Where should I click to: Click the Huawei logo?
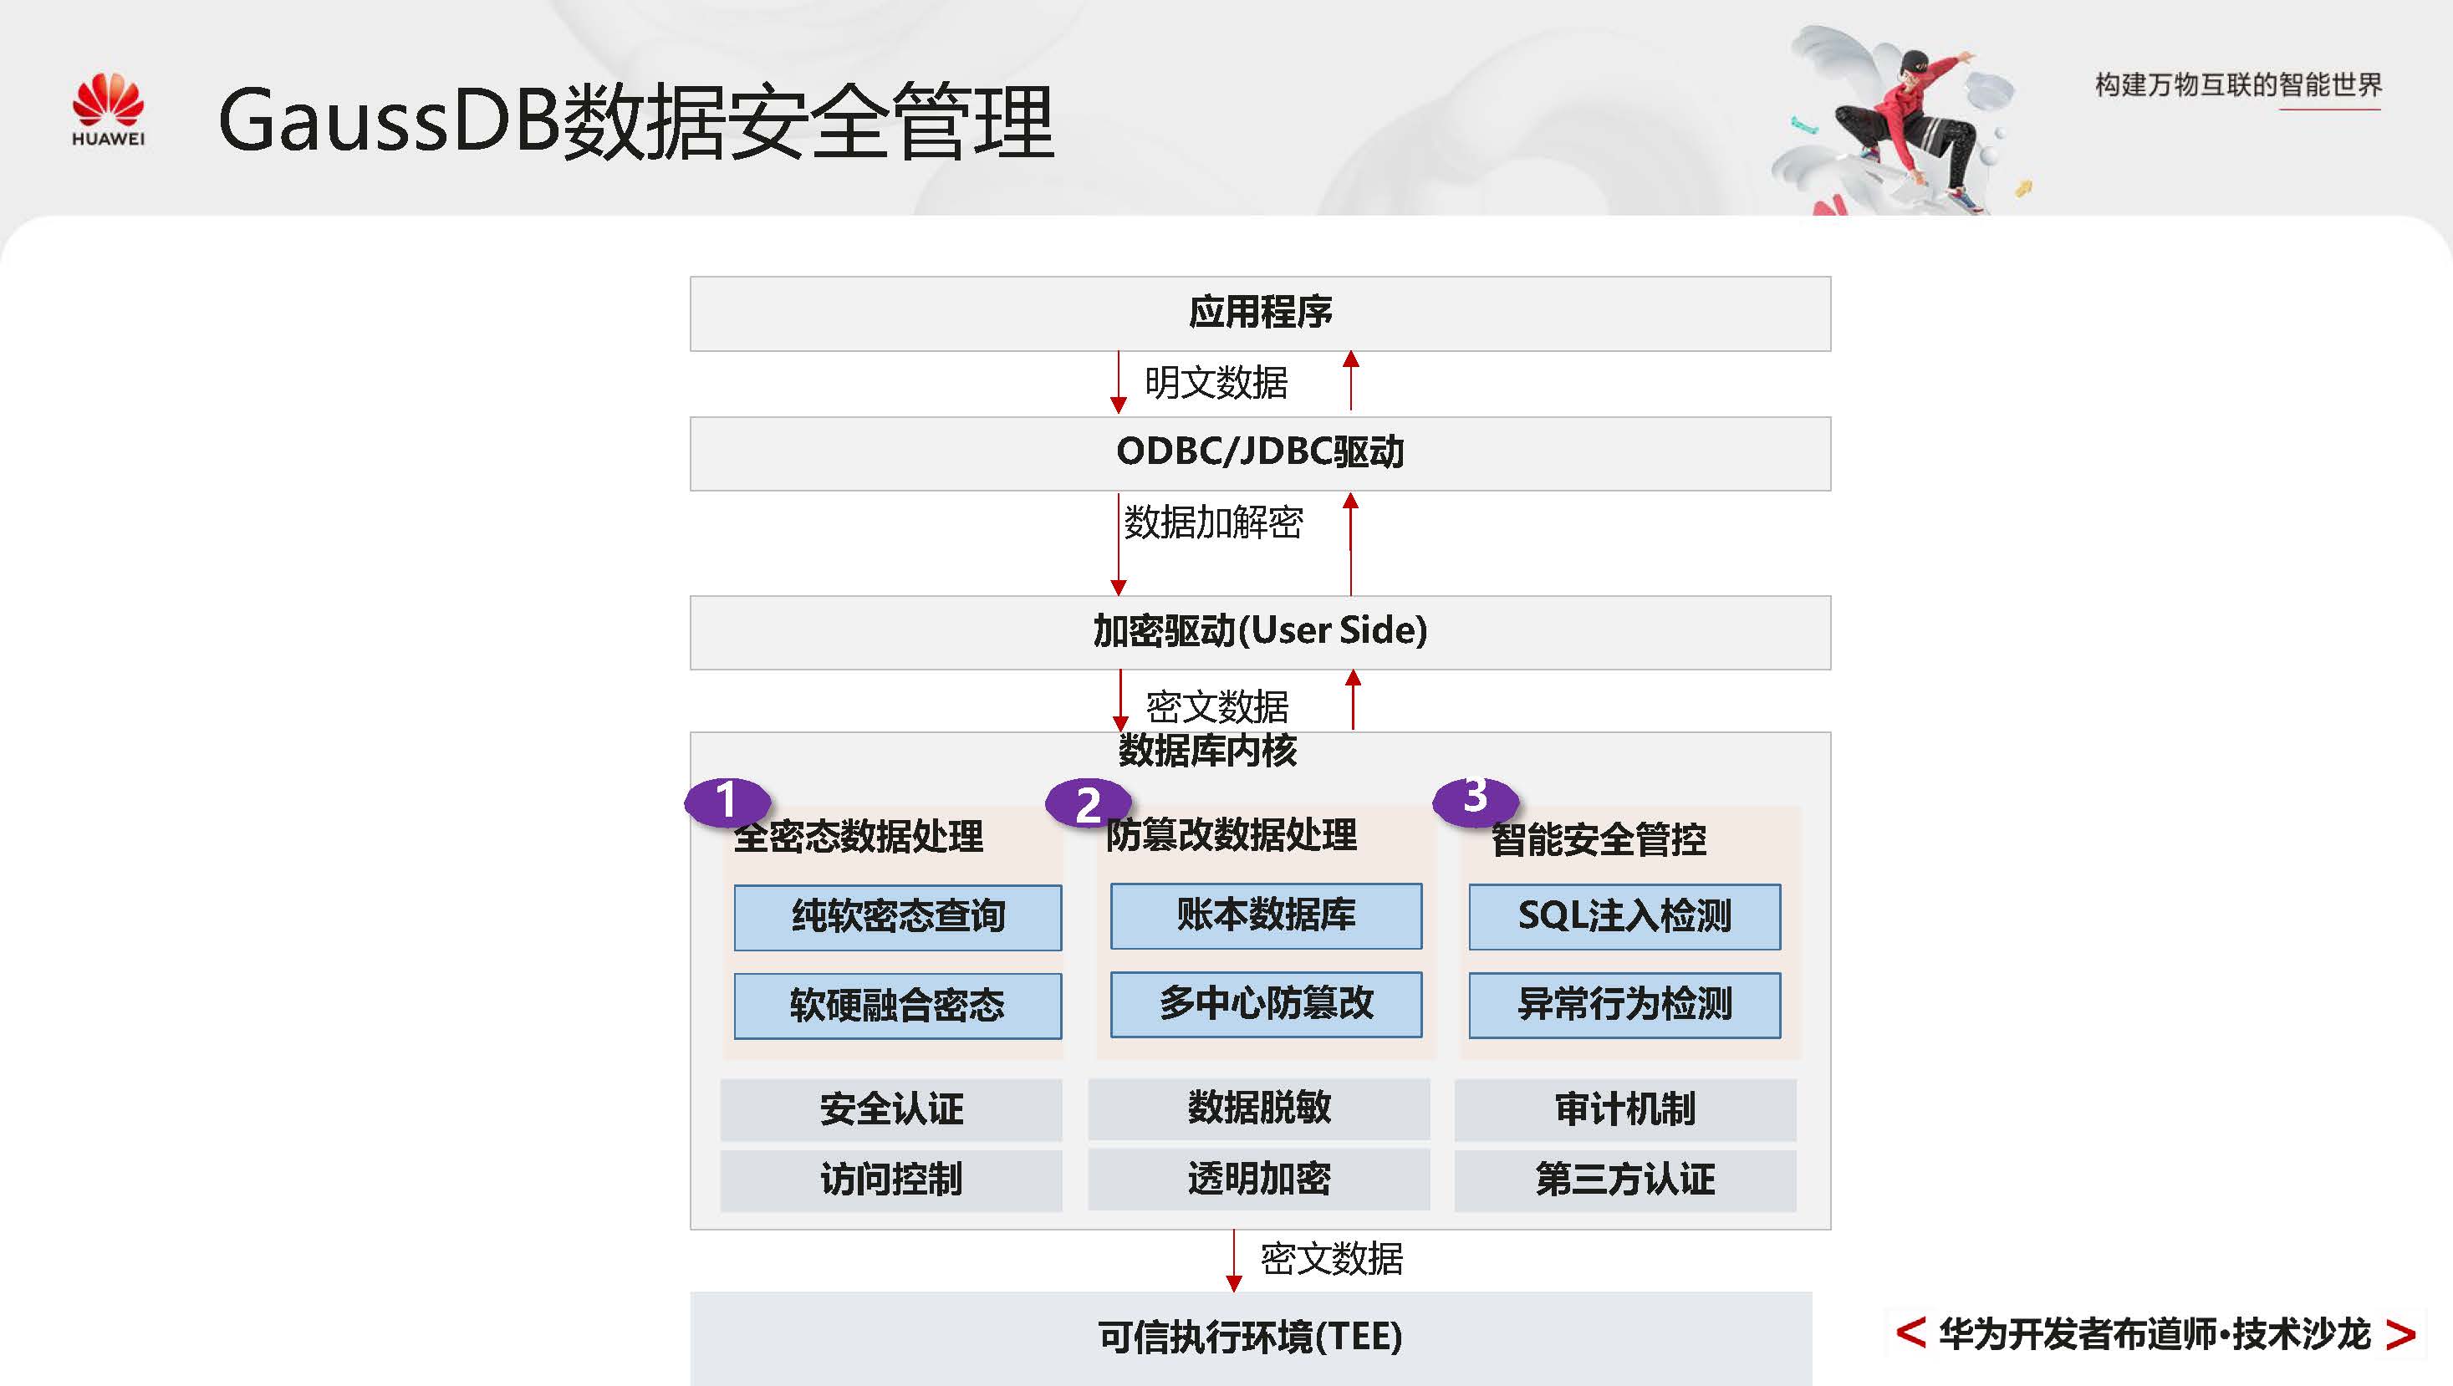coord(109,110)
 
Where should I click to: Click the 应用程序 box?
coord(1259,313)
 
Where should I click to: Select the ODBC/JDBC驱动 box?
coord(1259,453)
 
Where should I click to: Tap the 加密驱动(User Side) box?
coord(1259,632)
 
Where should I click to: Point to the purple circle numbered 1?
coord(727,801)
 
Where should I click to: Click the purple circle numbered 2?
coord(1088,804)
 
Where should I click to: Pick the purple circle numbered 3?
coord(1475,797)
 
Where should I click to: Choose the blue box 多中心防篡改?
coord(1266,1003)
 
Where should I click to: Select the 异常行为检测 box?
coord(1624,1004)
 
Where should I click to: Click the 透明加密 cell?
coord(1258,1180)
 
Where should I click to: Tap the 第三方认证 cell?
coord(1624,1180)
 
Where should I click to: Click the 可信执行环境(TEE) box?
coord(1249,1338)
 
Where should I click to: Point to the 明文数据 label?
coord(1215,384)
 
